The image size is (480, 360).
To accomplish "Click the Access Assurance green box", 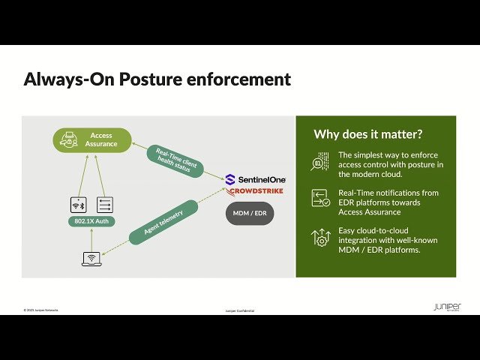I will [x=92, y=139].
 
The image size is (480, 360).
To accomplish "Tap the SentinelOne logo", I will [x=255, y=179].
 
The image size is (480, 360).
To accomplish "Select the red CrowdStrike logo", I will [x=255, y=191].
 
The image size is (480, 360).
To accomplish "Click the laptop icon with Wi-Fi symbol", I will [x=91, y=259].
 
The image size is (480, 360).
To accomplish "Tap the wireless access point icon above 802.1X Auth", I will [x=77, y=205].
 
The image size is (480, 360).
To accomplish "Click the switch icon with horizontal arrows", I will [x=104, y=205].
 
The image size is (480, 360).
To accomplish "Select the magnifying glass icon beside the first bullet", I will [x=320, y=163].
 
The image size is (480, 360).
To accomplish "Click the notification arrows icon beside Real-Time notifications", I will [x=320, y=199].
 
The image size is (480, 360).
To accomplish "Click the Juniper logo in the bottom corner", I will [x=447, y=307].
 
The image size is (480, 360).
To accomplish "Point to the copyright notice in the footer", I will [x=40, y=310].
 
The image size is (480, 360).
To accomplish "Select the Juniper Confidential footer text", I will [x=240, y=310].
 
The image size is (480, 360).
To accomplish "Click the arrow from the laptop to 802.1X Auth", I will [x=91, y=239].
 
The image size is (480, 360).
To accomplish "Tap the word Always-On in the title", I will [x=64, y=79].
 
